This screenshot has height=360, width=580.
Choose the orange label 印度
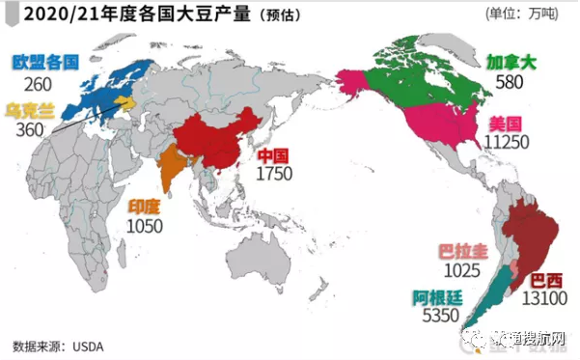(147, 207)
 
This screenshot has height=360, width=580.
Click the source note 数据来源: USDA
(57, 345)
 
